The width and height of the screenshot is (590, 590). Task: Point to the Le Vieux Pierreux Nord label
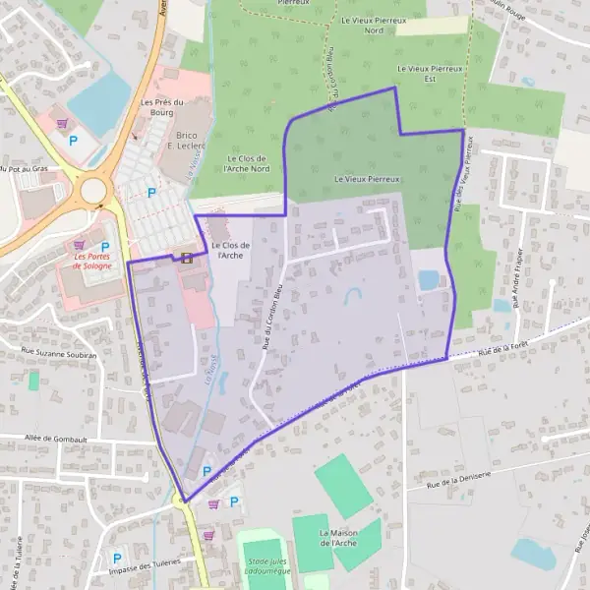click(360, 25)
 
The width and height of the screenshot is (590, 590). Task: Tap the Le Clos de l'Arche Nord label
click(247, 163)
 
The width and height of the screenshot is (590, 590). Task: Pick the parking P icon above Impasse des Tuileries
click(117, 558)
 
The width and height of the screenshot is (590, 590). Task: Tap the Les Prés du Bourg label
click(163, 106)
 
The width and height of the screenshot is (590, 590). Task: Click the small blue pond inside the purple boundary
click(429, 280)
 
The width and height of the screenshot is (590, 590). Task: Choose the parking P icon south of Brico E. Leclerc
click(150, 193)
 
